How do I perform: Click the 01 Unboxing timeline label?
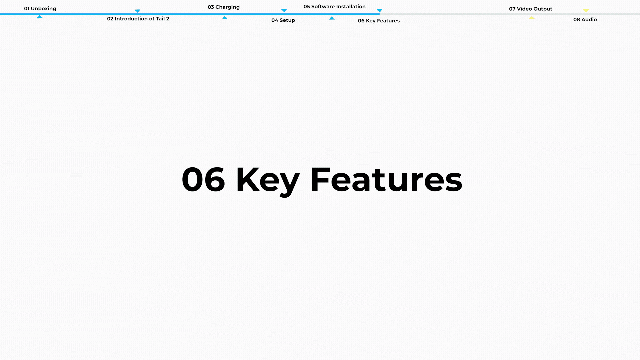[40, 9]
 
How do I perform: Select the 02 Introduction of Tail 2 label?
[138, 19]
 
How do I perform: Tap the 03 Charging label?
[224, 7]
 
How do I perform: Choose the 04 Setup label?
[283, 20]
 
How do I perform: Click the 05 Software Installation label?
[334, 7]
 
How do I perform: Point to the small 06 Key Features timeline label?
[379, 21]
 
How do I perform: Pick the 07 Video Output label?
[530, 9]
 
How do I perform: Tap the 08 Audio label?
[585, 20]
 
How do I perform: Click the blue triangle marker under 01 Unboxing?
[40, 17]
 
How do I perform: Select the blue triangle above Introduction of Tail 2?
[137, 11]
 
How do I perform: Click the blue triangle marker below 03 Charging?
[225, 18]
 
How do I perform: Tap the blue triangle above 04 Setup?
[284, 10]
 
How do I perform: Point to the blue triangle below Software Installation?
[332, 18]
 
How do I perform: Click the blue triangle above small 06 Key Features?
[379, 11]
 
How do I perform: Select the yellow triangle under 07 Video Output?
[532, 18]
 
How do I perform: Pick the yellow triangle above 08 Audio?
[586, 10]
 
